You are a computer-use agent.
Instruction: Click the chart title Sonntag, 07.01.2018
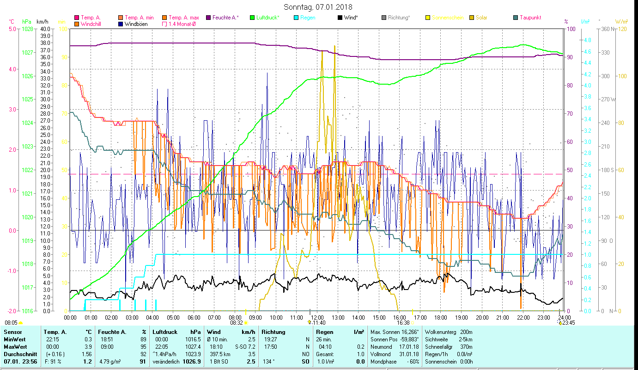(x=318, y=7)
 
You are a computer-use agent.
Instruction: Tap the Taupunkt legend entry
(x=530, y=18)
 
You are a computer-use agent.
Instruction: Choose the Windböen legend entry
(x=136, y=24)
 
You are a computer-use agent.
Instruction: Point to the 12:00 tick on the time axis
(x=316, y=317)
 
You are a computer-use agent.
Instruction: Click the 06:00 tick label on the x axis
(x=194, y=317)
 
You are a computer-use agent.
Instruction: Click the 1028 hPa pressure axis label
(x=27, y=29)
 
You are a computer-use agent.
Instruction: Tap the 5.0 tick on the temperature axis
(x=12, y=29)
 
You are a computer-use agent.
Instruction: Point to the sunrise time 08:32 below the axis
(x=236, y=323)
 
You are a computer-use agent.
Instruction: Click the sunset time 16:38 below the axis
(x=403, y=323)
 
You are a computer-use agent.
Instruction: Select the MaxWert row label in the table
(x=15, y=346)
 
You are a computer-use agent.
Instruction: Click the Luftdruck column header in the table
(x=165, y=332)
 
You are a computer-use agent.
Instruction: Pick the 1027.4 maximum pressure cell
(x=192, y=346)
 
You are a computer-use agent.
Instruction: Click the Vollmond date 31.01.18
(x=410, y=354)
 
